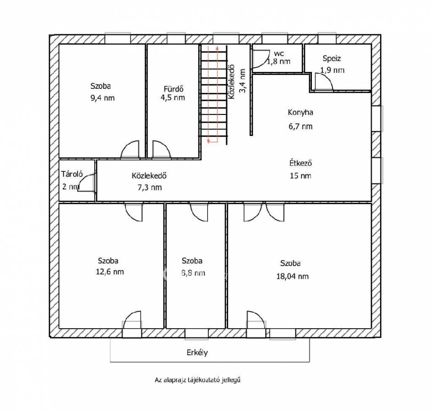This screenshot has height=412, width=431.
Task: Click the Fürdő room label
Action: click(174, 89)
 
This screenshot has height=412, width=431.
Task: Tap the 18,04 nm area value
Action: click(293, 276)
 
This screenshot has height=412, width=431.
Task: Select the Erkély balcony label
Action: click(197, 352)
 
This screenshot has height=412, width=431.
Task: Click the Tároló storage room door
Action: click(87, 182)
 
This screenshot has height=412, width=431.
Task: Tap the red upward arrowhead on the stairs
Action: click(217, 48)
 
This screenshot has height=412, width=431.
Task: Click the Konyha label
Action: click(300, 112)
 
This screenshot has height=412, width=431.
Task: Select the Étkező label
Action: click(300, 163)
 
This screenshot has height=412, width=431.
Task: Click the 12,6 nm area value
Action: click(109, 272)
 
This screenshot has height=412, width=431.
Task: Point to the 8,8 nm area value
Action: click(193, 273)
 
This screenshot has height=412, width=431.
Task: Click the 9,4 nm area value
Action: click(103, 98)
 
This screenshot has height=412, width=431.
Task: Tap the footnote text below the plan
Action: click(197, 380)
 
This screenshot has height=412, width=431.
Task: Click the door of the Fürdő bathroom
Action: click(162, 149)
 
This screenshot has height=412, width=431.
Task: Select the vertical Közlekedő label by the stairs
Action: click(231, 81)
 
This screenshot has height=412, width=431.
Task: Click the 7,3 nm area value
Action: click(149, 188)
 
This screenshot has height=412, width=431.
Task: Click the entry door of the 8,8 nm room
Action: click(199, 212)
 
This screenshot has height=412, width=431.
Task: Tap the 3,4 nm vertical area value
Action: click(242, 81)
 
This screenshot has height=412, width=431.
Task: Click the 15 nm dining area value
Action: click(300, 176)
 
